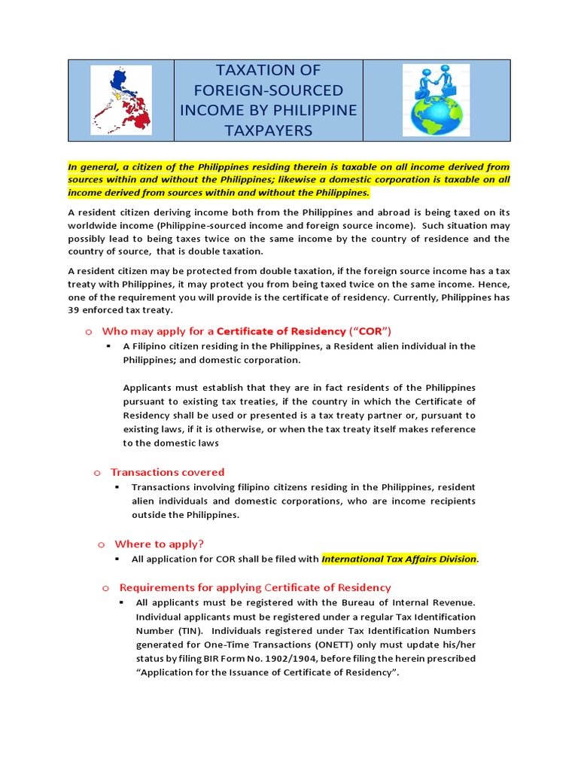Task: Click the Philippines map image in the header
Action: (x=120, y=100)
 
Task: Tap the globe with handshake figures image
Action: (x=437, y=100)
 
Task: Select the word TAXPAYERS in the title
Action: (x=268, y=130)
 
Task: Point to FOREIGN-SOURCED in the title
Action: (x=269, y=90)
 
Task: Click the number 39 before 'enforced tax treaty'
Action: (x=75, y=310)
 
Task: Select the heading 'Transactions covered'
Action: (x=167, y=472)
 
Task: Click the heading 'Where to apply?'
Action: (x=159, y=544)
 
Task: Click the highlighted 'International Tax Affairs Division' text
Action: (x=399, y=559)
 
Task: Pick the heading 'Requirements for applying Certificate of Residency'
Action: (x=255, y=587)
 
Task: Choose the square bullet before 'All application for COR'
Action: (x=117, y=559)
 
